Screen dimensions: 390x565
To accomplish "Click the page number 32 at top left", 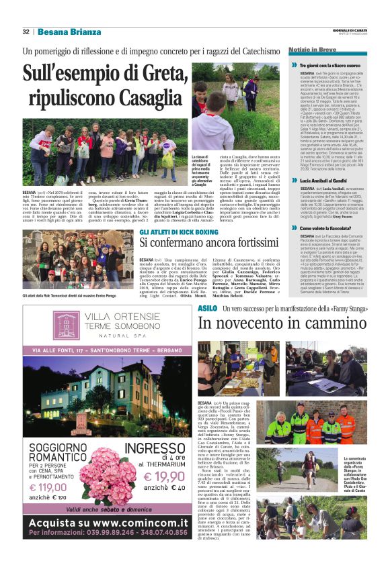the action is (26, 32).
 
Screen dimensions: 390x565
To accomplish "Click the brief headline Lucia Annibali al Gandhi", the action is (324, 181).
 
